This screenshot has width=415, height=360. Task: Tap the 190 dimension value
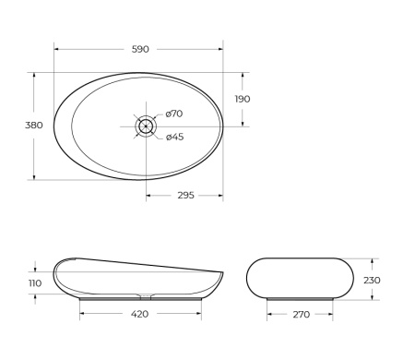[x=243, y=99]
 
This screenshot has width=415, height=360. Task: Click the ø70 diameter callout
[x=174, y=114]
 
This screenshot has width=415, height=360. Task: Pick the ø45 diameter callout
[x=174, y=138]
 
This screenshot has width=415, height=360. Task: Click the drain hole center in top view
[x=146, y=125]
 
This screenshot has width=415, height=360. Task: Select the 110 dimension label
[x=35, y=283]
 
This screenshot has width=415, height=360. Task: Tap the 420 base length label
[x=139, y=315]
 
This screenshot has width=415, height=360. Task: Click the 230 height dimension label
[x=372, y=280]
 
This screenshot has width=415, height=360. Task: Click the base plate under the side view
[x=139, y=299]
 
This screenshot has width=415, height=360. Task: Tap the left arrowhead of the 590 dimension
[x=57, y=49]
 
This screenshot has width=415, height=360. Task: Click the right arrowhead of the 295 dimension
[x=220, y=195]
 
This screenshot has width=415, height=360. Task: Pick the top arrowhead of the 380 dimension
[x=34, y=74]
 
